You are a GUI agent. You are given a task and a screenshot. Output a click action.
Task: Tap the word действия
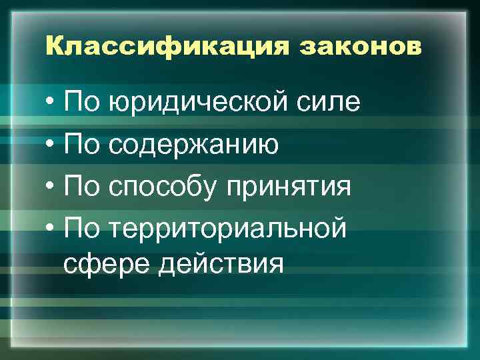tap(221, 264)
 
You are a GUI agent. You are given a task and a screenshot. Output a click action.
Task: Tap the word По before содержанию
tap(81, 144)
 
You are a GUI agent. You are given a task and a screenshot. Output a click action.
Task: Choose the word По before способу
tap(81, 186)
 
